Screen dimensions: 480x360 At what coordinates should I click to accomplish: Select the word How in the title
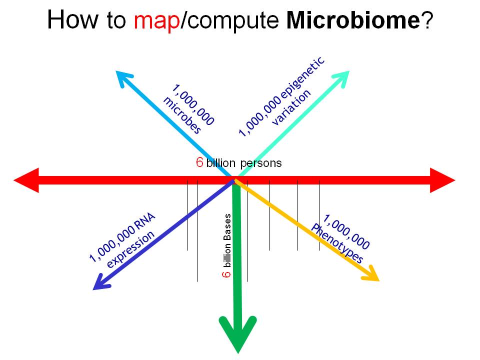(73, 19)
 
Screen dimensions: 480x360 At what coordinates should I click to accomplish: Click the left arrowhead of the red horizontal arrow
(26, 180)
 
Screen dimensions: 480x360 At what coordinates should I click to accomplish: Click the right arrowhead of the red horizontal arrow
(442, 180)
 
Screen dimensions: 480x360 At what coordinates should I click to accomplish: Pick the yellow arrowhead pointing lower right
(370, 273)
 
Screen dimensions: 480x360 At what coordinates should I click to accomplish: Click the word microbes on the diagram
(182, 115)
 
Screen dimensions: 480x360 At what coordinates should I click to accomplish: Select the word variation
(291, 107)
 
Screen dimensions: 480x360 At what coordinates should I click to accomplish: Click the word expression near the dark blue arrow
(130, 249)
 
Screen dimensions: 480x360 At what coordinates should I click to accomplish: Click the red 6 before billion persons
(199, 162)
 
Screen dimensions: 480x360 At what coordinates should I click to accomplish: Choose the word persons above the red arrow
(261, 163)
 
